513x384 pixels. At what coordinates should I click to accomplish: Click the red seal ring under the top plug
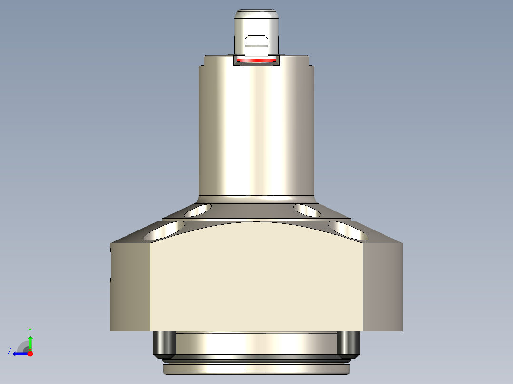pos(256,61)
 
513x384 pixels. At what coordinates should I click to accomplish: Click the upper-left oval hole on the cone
pos(198,210)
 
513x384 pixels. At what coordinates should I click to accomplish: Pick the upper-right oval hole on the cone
pos(307,210)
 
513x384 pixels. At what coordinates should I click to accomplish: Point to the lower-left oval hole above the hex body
pos(166,230)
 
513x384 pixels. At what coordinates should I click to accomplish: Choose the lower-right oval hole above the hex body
pos(348,230)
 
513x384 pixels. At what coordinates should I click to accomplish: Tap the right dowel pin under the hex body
pos(348,345)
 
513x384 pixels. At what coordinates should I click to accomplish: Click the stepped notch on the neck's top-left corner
pos(202,61)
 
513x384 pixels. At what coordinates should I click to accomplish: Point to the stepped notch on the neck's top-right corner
pos(312,61)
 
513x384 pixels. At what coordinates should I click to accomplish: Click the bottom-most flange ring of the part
pos(256,368)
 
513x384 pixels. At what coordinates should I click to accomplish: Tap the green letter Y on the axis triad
pos(30,330)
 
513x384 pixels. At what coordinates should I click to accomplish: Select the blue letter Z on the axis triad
pos(10,351)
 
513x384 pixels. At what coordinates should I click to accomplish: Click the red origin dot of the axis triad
pos(30,354)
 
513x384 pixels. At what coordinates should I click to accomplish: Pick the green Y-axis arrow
pos(30,342)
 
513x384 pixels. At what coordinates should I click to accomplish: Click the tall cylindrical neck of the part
pos(256,128)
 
